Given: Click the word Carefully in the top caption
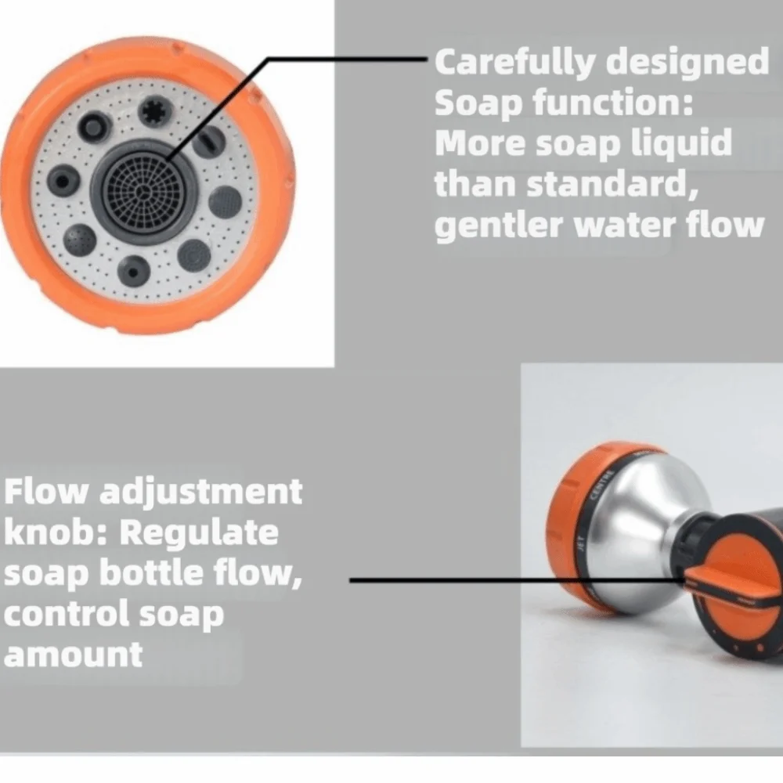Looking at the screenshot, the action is coord(515,63).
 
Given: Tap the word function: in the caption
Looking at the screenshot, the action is coord(613,102).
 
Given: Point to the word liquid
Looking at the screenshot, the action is coord(682,144).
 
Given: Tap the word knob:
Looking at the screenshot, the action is coord(56,532).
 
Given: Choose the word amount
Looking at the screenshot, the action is coord(74,655).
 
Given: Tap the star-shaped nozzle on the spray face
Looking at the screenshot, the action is coord(155,111).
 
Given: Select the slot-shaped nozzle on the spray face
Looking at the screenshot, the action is coord(210,141).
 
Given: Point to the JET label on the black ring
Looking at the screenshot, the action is coord(580,543).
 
